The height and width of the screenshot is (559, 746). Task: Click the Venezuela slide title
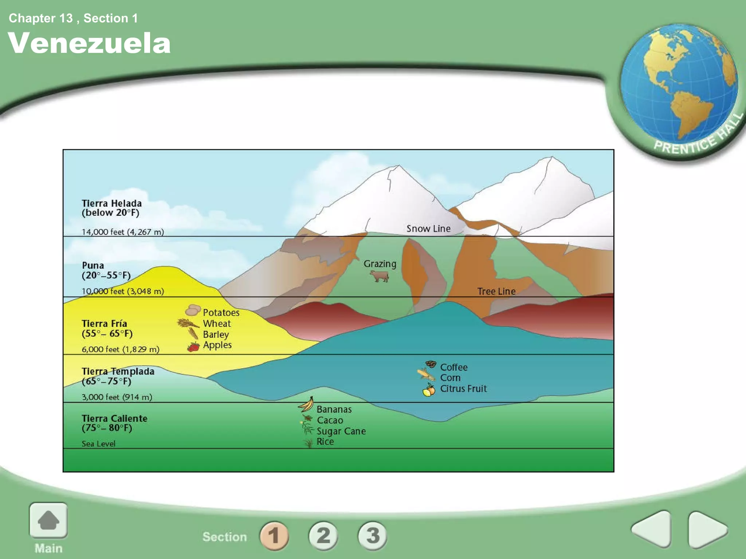pos(89,43)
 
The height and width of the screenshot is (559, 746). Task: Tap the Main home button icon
pos(48,520)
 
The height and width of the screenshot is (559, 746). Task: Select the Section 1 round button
pos(274,536)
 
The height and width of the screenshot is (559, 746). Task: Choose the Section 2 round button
pos(323,536)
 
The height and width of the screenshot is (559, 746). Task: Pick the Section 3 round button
pos(372,536)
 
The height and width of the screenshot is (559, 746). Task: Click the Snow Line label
pos(428,229)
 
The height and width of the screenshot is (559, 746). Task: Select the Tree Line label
pos(496,291)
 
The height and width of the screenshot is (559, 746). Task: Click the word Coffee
pos(454,367)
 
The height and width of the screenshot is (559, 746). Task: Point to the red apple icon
pos(193,346)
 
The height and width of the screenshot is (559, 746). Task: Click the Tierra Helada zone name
pos(111,203)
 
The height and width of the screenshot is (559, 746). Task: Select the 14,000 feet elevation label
pos(122,232)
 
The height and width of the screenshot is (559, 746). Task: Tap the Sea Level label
pos(98,444)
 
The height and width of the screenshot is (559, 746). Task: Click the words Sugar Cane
pos(341,431)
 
